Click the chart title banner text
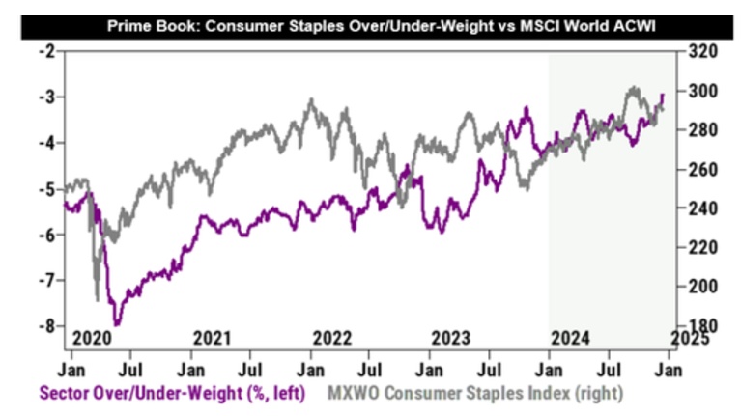pos(370,21)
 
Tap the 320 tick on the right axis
pos(698,50)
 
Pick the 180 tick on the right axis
pos(698,326)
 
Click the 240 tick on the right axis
pos(698,208)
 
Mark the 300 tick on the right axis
pos(698,90)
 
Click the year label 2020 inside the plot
pos(91,338)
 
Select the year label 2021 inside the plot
pos(212,338)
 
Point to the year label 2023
pos(451,338)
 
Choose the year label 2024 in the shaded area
pos(572,338)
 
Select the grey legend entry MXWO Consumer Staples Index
pos(475,393)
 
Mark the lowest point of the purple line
pos(117,324)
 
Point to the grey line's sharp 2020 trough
pos(97,298)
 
